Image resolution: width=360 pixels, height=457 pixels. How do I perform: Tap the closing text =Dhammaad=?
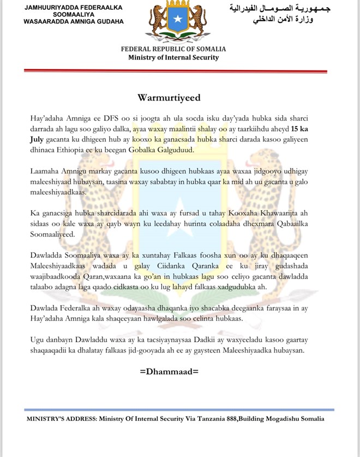pyautogui.click(x=169, y=372)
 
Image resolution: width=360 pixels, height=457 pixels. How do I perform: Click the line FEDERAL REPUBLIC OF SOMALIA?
pyautogui.click(x=173, y=49)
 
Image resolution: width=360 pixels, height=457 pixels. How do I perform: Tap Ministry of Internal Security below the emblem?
pyautogui.click(x=173, y=57)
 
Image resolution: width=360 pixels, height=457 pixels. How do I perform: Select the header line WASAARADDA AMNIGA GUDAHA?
pyautogui.click(x=74, y=22)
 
